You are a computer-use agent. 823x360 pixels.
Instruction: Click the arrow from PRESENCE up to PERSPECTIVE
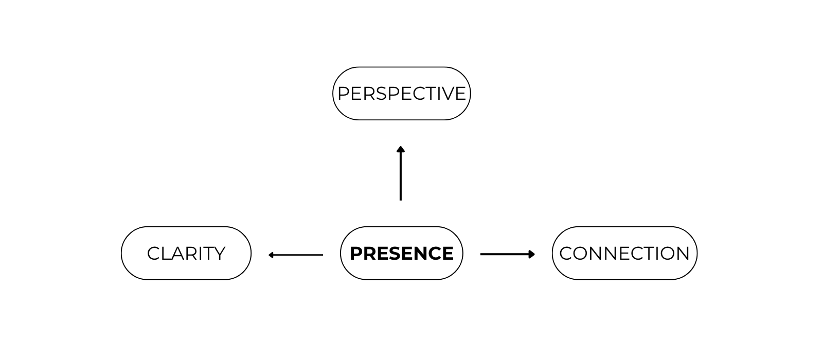tap(401, 175)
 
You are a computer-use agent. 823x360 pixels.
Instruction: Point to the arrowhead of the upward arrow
tap(401, 149)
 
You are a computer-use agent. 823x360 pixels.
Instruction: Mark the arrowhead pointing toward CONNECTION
tap(532, 254)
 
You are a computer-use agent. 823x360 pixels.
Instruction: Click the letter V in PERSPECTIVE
tap(447, 94)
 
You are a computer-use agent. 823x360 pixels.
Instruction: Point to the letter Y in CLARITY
tap(219, 254)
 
